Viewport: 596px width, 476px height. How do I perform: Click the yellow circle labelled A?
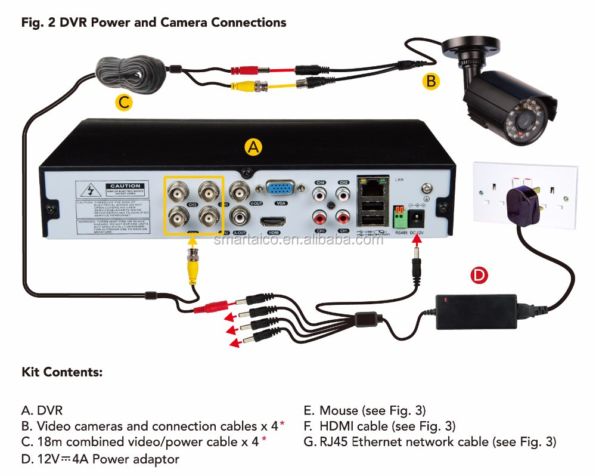pos(254,147)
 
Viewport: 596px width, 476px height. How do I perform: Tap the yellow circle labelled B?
pos(430,81)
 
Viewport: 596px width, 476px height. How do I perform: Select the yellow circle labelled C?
pos(123,102)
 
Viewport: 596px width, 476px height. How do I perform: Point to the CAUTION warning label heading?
pos(125,186)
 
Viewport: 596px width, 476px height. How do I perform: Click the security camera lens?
pos(524,122)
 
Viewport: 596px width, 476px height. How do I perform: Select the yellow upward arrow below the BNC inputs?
pos(193,241)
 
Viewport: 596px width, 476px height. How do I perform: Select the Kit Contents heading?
pos(62,373)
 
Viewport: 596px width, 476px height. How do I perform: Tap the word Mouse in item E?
pos(338,410)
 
